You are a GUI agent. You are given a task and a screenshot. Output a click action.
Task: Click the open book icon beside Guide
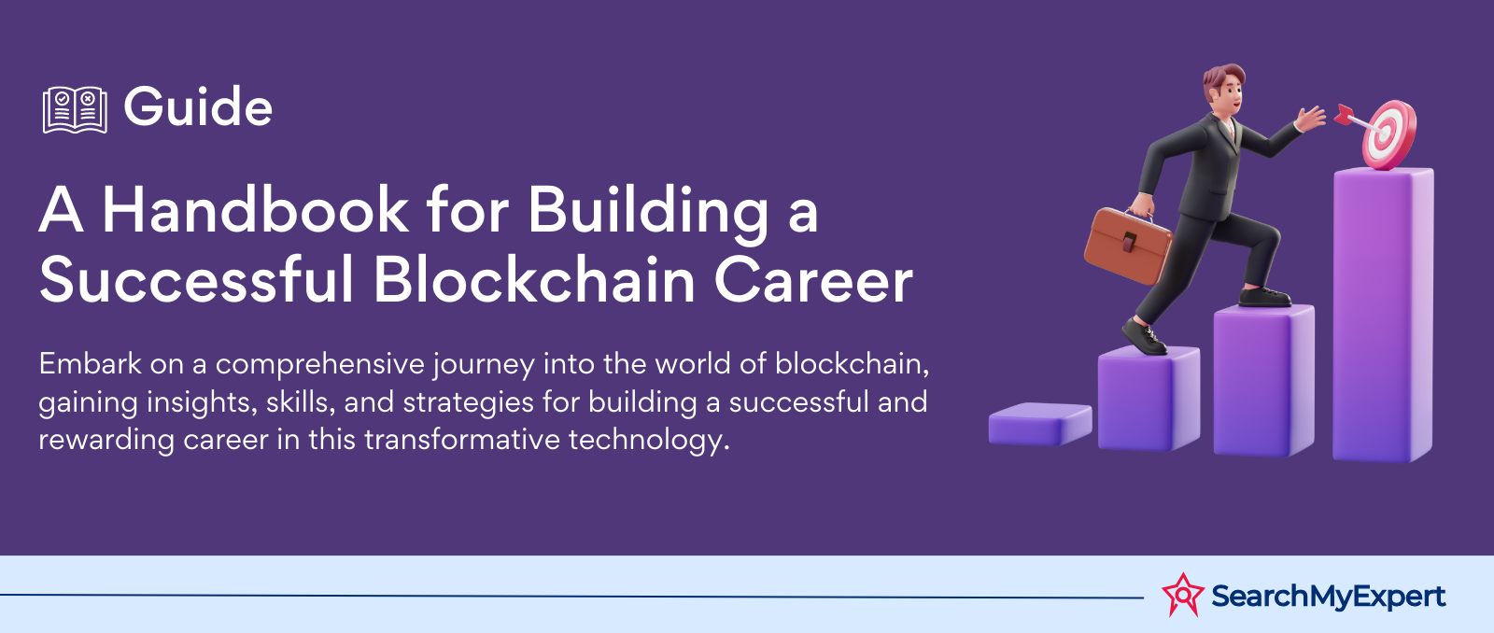75,109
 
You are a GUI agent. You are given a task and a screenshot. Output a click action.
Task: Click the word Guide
198,106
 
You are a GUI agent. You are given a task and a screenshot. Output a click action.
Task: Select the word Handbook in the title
256,210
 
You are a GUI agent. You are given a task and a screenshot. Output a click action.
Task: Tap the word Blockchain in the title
535,279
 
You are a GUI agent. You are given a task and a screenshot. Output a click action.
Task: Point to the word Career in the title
813,280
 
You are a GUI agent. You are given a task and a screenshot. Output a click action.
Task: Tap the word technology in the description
649,441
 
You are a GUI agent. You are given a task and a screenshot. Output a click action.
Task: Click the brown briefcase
1127,245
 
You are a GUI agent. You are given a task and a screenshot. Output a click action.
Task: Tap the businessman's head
1224,90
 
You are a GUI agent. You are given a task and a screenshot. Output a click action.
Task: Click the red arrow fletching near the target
1344,114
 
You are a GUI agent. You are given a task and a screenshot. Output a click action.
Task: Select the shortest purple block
1040,424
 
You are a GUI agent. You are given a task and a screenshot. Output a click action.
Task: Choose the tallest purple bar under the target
1383,314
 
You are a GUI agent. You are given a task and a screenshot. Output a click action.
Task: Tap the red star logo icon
1183,595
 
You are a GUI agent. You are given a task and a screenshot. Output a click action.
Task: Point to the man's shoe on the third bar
1264,297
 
